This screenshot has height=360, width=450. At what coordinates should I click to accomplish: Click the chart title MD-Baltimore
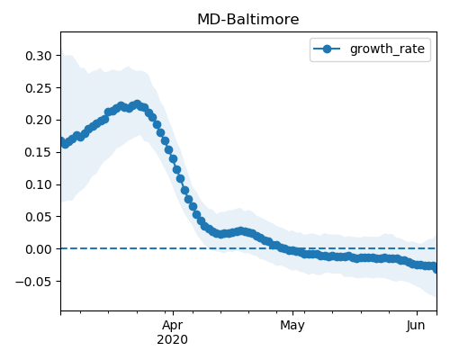tap(248, 20)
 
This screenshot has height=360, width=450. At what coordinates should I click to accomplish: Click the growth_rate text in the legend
tap(387, 49)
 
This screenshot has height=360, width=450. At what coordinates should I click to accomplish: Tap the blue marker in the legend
tap(327, 49)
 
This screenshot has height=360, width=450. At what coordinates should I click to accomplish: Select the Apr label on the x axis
tap(173, 325)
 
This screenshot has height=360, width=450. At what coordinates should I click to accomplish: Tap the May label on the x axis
tap(292, 325)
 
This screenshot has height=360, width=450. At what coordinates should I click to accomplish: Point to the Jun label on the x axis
tap(416, 325)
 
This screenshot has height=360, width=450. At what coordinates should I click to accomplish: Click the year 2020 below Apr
tap(173, 340)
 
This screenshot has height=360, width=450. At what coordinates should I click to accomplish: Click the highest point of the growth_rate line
tap(137, 104)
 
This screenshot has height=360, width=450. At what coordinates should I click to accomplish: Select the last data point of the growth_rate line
tap(436, 269)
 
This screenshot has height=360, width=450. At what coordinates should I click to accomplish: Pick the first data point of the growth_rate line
tap(61, 140)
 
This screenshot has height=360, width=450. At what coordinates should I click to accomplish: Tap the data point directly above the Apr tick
tap(173, 159)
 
